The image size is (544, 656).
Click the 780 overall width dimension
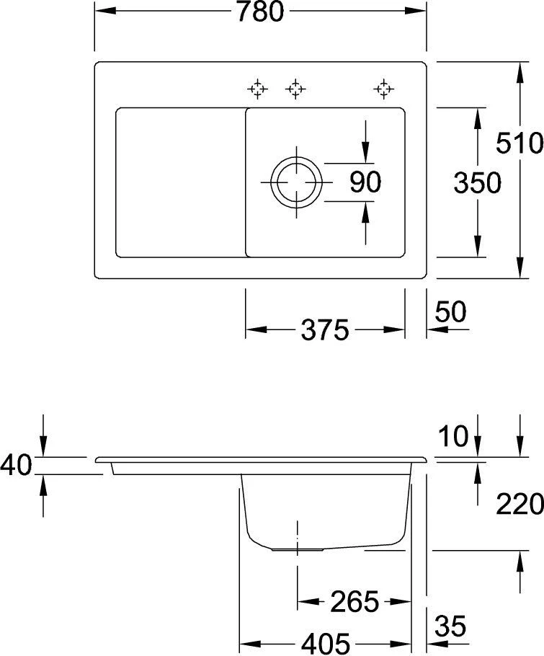click(x=264, y=12)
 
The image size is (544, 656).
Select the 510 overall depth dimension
click(x=520, y=143)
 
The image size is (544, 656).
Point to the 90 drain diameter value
click(x=365, y=182)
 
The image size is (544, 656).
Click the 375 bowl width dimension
click(x=324, y=331)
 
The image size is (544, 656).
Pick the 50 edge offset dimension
click(x=451, y=312)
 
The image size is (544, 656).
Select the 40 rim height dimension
click(x=16, y=465)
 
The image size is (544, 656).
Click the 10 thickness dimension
click(x=452, y=435)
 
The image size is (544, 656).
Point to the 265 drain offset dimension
click(x=354, y=600)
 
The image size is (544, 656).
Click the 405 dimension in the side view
click(x=325, y=642)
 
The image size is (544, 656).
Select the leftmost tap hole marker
click(x=257, y=89)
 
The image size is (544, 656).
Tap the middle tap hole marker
click(x=295, y=89)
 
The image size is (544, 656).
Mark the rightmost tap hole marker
click(x=383, y=89)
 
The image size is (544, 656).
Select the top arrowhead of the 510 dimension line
click(x=520, y=68)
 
